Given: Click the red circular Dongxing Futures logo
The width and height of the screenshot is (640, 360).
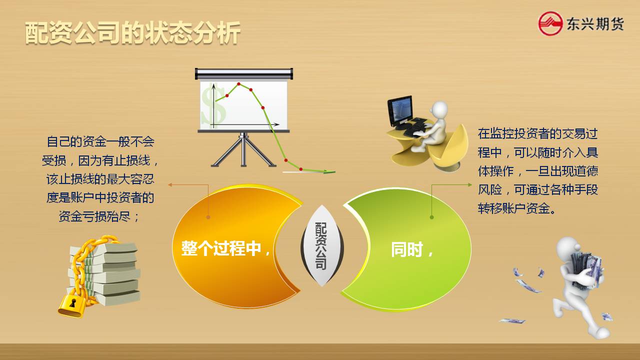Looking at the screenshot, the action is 550,23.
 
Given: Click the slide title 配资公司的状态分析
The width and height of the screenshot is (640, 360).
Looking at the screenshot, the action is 133,33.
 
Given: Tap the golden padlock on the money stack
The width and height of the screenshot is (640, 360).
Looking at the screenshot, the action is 71,305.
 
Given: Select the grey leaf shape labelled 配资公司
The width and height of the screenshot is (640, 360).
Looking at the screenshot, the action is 322,245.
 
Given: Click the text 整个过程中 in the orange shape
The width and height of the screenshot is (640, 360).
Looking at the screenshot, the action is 221,248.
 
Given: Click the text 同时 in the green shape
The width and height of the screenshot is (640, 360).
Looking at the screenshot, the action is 406,249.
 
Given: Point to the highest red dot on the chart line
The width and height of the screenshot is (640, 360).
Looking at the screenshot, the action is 238,84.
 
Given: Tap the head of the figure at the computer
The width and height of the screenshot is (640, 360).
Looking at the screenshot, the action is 439,109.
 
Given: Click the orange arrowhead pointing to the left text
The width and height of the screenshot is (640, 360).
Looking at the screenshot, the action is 169,185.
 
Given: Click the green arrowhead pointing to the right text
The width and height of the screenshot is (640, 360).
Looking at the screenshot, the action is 469,185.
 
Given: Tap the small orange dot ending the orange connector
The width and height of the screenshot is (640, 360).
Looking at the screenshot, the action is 208,217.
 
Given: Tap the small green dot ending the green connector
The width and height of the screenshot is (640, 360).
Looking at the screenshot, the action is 431,217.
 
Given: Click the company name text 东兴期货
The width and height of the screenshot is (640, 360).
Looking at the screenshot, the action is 595,23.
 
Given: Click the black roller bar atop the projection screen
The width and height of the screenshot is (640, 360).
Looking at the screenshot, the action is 243,73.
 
